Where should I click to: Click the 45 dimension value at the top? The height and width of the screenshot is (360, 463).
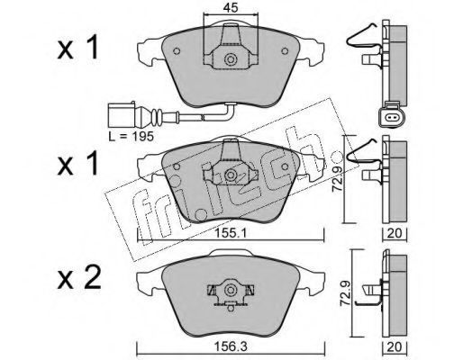pyautogui.click(x=231, y=8)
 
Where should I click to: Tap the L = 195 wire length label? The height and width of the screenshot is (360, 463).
pyautogui.click(x=132, y=137)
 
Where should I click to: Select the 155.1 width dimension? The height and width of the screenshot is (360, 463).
pyautogui.click(x=231, y=233)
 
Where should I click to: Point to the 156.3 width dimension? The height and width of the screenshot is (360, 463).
pyautogui.click(x=231, y=347)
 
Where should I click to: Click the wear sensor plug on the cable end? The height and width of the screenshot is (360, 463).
pyautogui.click(x=122, y=115)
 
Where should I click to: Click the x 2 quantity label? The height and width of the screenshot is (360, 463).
pyautogui.click(x=79, y=279)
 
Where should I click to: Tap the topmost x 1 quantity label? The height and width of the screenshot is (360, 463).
pyautogui.click(x=77, y=47)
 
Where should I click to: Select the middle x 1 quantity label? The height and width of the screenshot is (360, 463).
pyautogui.click(x=77, y=163)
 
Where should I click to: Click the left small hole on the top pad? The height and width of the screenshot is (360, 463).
pyautogui.click(x=177, y=51)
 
